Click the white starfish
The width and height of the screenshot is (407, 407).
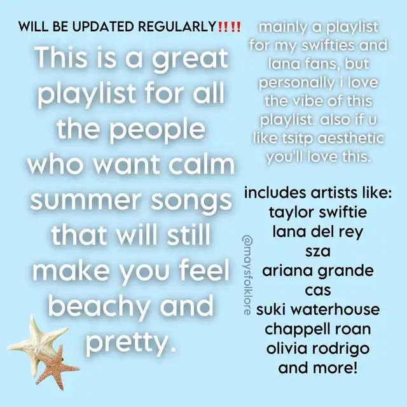point(36,343)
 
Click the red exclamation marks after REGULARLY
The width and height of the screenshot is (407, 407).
point(230,27)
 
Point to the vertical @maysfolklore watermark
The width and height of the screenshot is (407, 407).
point(247,275)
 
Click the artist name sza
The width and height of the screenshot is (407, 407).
point(318,251)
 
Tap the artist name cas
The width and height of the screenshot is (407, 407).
point(318,290)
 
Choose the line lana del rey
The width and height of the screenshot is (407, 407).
point(318,231)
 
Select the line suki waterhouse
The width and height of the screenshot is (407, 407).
point(318,310)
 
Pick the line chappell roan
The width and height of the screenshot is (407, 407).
point(318,329)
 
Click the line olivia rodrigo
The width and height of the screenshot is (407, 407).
point(318,348)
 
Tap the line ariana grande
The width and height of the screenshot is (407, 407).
point(318,271)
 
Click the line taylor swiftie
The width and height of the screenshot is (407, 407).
point(318,212)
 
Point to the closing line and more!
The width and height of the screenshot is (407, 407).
point(318,368)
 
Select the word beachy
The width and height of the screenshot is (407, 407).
point(99,307)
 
